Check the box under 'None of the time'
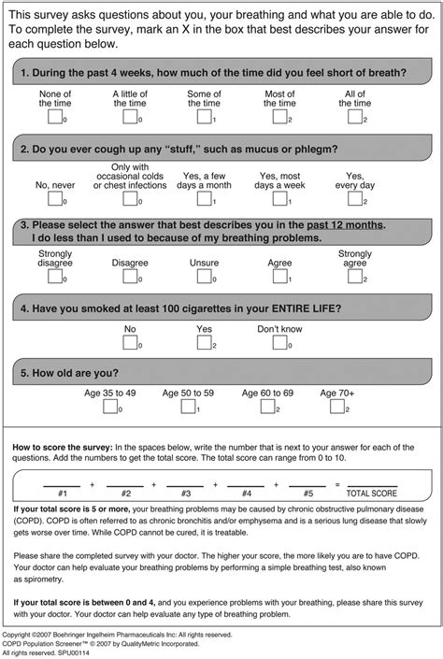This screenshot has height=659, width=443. click(x=54, y=117)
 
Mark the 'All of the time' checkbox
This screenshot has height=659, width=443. click(x=354, y=117)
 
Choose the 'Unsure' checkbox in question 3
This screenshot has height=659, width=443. click(x=204, y=278)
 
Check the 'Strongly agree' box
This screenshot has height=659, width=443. click(x=354, y=278)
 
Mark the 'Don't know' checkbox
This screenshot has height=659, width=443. click(x=279, y=343)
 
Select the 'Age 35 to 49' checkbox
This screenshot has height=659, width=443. click(x=109, y=407)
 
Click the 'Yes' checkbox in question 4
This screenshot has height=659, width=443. click(x=204, y=343)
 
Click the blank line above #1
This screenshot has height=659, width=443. click(x=62, y=485)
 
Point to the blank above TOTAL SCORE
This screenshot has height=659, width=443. click(x=371, y=485)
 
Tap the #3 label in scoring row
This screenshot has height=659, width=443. click(x=185, y=493)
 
